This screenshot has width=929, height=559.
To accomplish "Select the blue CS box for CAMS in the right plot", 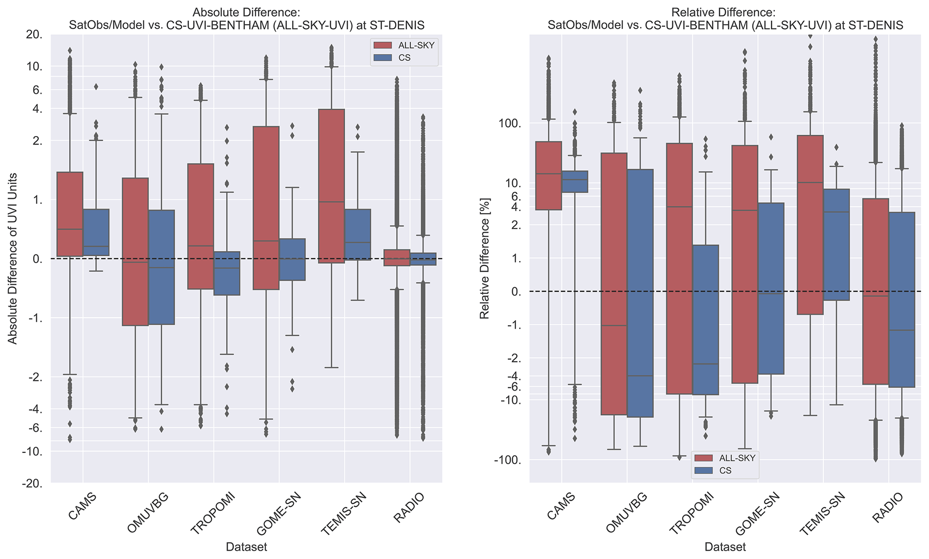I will (x=575, y=182).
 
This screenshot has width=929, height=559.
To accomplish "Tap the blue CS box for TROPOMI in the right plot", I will (x=706, y=319).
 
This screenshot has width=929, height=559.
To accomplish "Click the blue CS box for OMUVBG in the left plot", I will (x=161, y=267).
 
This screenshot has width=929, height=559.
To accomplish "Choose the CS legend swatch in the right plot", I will (x=703, y=470).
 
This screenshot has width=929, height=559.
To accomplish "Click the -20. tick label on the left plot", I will (x=32, y=484).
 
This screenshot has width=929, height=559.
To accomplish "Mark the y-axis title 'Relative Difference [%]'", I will (x=484, y=258).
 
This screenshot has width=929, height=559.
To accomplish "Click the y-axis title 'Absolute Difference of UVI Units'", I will (x=13, y=258).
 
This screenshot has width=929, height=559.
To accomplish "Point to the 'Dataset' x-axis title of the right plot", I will (x=725, y=547).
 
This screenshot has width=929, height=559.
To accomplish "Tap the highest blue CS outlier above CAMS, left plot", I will (x=96, y=87).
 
